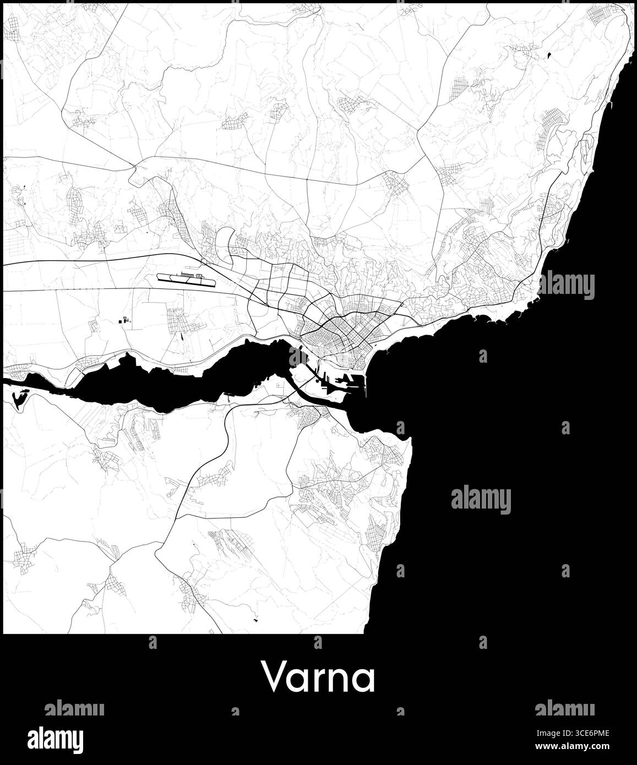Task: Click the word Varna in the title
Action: click(x=319, y=677)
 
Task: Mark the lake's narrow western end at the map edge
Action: click(x=8, y=380)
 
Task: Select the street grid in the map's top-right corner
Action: click(x=603, y=13)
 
